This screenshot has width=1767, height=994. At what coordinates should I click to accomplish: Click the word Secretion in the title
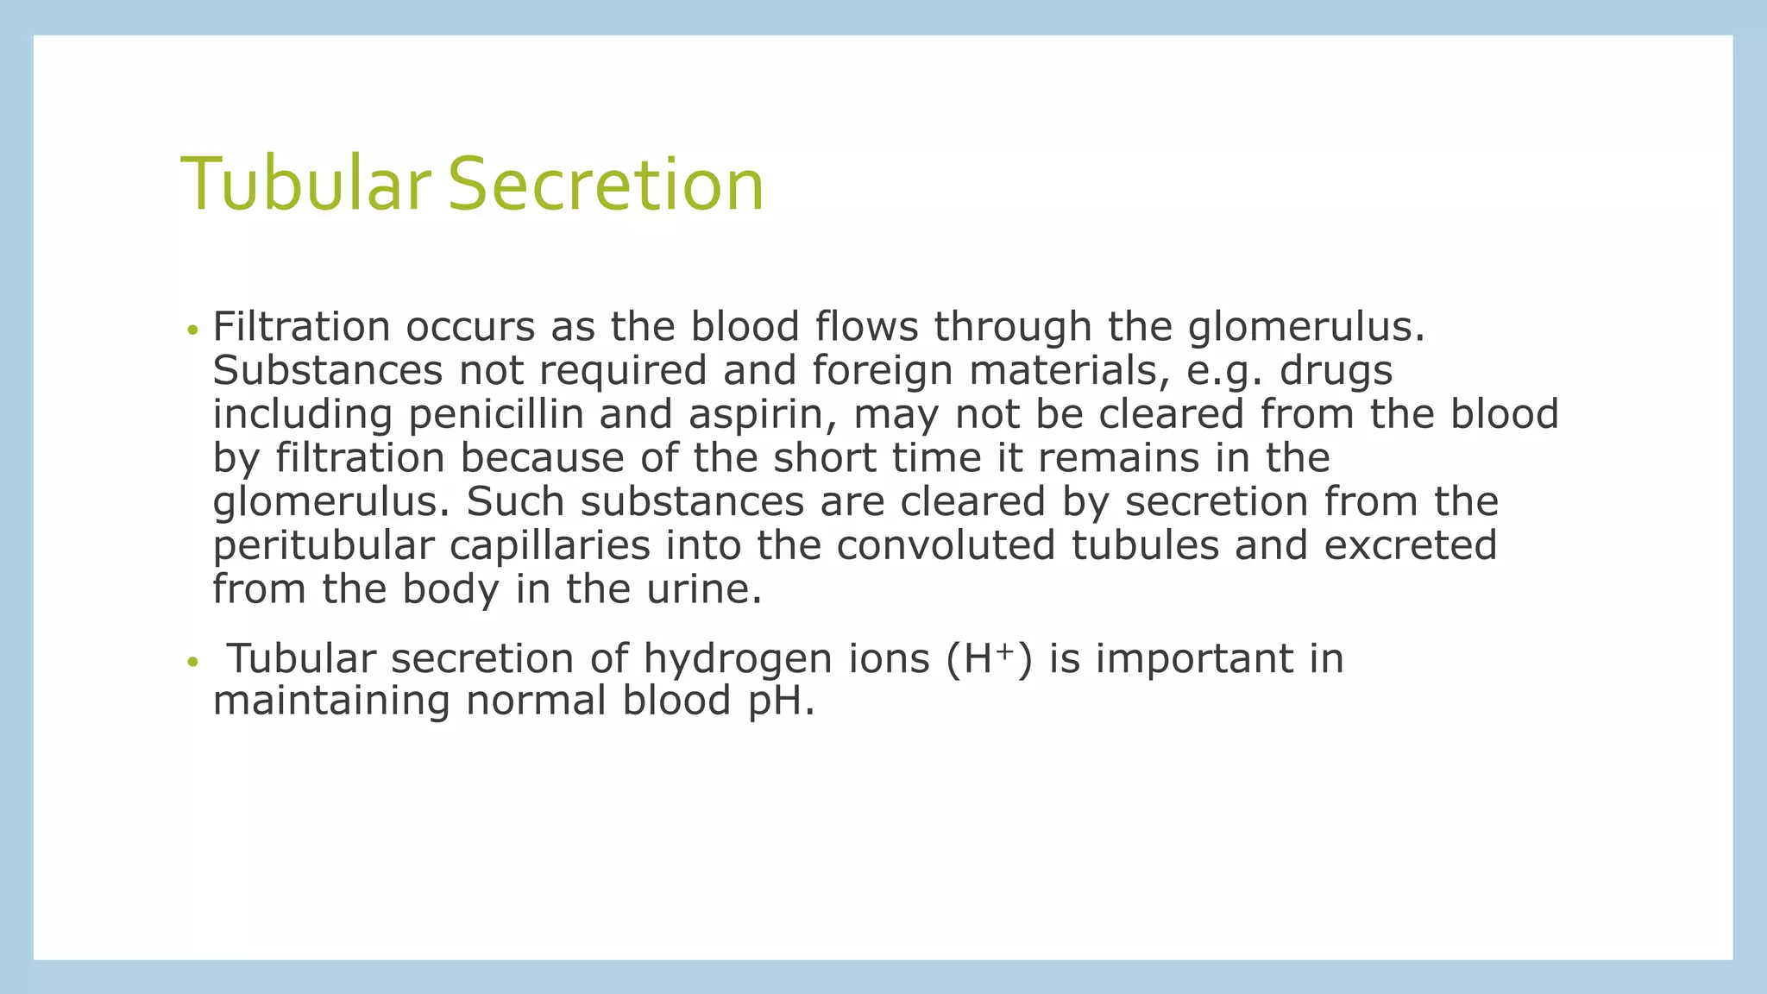[x=606, y=184]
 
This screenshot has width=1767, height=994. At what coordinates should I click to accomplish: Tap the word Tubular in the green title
[x=305, y=184]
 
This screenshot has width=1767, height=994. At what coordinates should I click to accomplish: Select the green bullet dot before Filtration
[x=192, y=330]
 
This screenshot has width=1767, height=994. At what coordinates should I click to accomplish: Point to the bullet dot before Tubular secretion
[x=192, y=663]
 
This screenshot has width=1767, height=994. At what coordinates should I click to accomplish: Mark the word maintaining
[x=331, y=701]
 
